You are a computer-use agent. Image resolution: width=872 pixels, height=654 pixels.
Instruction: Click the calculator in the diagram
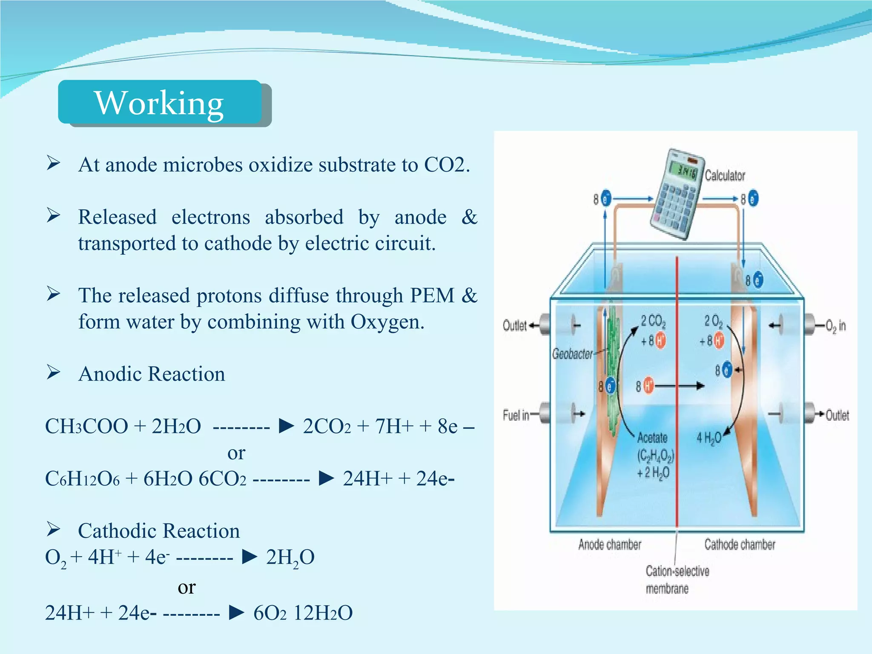pos(675,194)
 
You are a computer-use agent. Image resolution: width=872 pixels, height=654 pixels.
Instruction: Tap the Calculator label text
pos(725,175)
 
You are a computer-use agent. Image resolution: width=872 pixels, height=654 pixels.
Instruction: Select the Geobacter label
pos(572,354)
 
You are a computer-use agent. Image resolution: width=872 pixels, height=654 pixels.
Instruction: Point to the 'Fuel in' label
pos(516,415)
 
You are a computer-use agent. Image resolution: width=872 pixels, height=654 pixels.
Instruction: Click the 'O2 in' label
pos(835,326)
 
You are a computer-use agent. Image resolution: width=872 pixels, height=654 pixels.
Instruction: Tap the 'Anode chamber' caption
pos(609,545)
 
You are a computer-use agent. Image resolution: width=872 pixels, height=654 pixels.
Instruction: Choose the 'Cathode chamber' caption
pos(740,545)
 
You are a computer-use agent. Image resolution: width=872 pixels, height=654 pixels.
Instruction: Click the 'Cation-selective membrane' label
pos(677,579)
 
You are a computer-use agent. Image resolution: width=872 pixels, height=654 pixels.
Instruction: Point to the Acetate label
pos(652,438)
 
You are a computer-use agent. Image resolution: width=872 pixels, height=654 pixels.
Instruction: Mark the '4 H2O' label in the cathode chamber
pos(708,438)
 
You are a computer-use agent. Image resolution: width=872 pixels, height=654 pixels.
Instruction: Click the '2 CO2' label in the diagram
pos(653,321)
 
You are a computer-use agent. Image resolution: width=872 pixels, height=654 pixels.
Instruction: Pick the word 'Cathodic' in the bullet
pos(118,531)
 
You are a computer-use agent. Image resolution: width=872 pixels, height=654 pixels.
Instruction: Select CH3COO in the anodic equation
pos(86,426)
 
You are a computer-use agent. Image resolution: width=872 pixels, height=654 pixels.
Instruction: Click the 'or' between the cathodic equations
pos(186,587)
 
